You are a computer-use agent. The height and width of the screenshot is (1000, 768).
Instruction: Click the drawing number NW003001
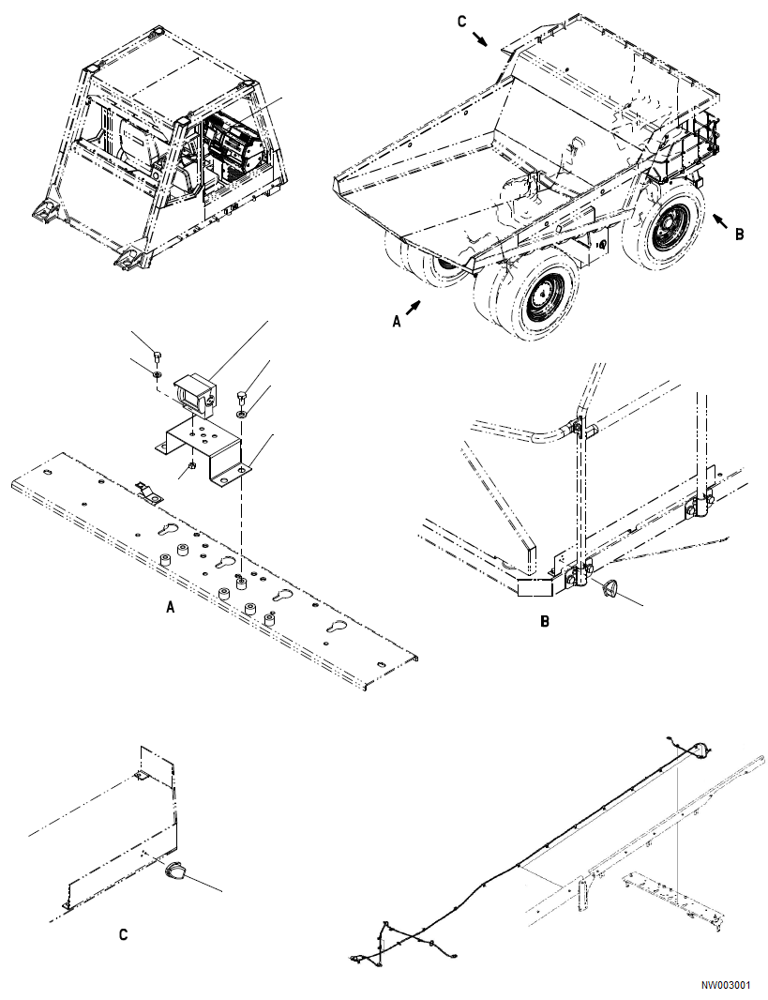pyautogui.click(x=725, y=986)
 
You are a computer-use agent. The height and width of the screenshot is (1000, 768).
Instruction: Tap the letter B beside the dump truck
pyautogui.click(x=739, y=235)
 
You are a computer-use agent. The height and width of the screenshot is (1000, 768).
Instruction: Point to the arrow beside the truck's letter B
pyautogui.click(x=720, y=221)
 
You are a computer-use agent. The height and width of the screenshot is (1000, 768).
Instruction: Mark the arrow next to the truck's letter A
pyautogui.click(x=414, y=305)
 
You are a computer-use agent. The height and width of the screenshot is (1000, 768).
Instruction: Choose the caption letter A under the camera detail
pyautogui.click(x=170, y=608)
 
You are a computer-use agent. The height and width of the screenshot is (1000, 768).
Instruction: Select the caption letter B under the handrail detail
pyautogui.click(x=545, y=620)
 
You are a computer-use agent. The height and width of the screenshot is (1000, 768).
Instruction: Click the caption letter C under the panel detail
pyautogui.click(x=123, y=934)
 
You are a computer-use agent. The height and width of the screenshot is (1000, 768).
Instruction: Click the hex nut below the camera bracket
pyautogui.click(x=191, y=464)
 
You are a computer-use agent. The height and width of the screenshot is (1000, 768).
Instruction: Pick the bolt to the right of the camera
pyautogui.click(x=241, y=394)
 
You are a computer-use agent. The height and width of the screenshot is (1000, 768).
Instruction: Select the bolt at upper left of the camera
pyautogui.click(x=157, y=356)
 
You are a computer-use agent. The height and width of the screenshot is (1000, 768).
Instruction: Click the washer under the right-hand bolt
pyautogui.click(x=241, y=412)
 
